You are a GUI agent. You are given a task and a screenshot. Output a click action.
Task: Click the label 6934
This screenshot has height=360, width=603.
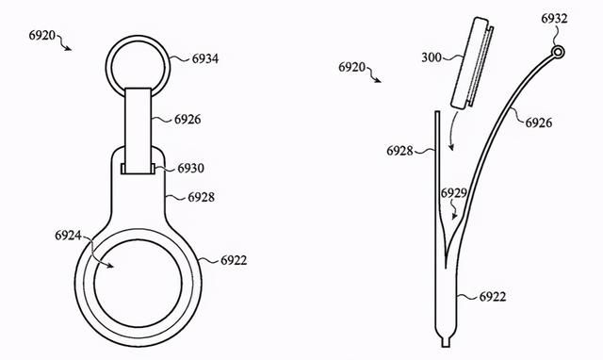click(205, 58)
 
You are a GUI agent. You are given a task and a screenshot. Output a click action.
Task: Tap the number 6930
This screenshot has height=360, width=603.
click(190, 168)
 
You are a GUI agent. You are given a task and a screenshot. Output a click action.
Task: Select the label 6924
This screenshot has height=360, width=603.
click(68, 235)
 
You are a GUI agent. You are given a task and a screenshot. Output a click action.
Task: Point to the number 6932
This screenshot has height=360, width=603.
click(554, 19)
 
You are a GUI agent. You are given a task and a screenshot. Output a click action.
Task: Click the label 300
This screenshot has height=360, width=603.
click(432, 57)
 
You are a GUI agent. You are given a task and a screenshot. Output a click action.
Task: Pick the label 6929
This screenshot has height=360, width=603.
click(454, 193)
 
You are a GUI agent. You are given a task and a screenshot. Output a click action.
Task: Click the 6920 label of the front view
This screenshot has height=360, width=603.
click(41, 36)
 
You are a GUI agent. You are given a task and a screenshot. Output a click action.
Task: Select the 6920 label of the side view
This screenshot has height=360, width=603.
click(351, 67)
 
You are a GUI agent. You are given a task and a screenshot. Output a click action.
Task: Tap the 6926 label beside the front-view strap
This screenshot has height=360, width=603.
click(187, 120)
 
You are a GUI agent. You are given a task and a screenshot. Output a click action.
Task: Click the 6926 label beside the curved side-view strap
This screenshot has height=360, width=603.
click(539, 123)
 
